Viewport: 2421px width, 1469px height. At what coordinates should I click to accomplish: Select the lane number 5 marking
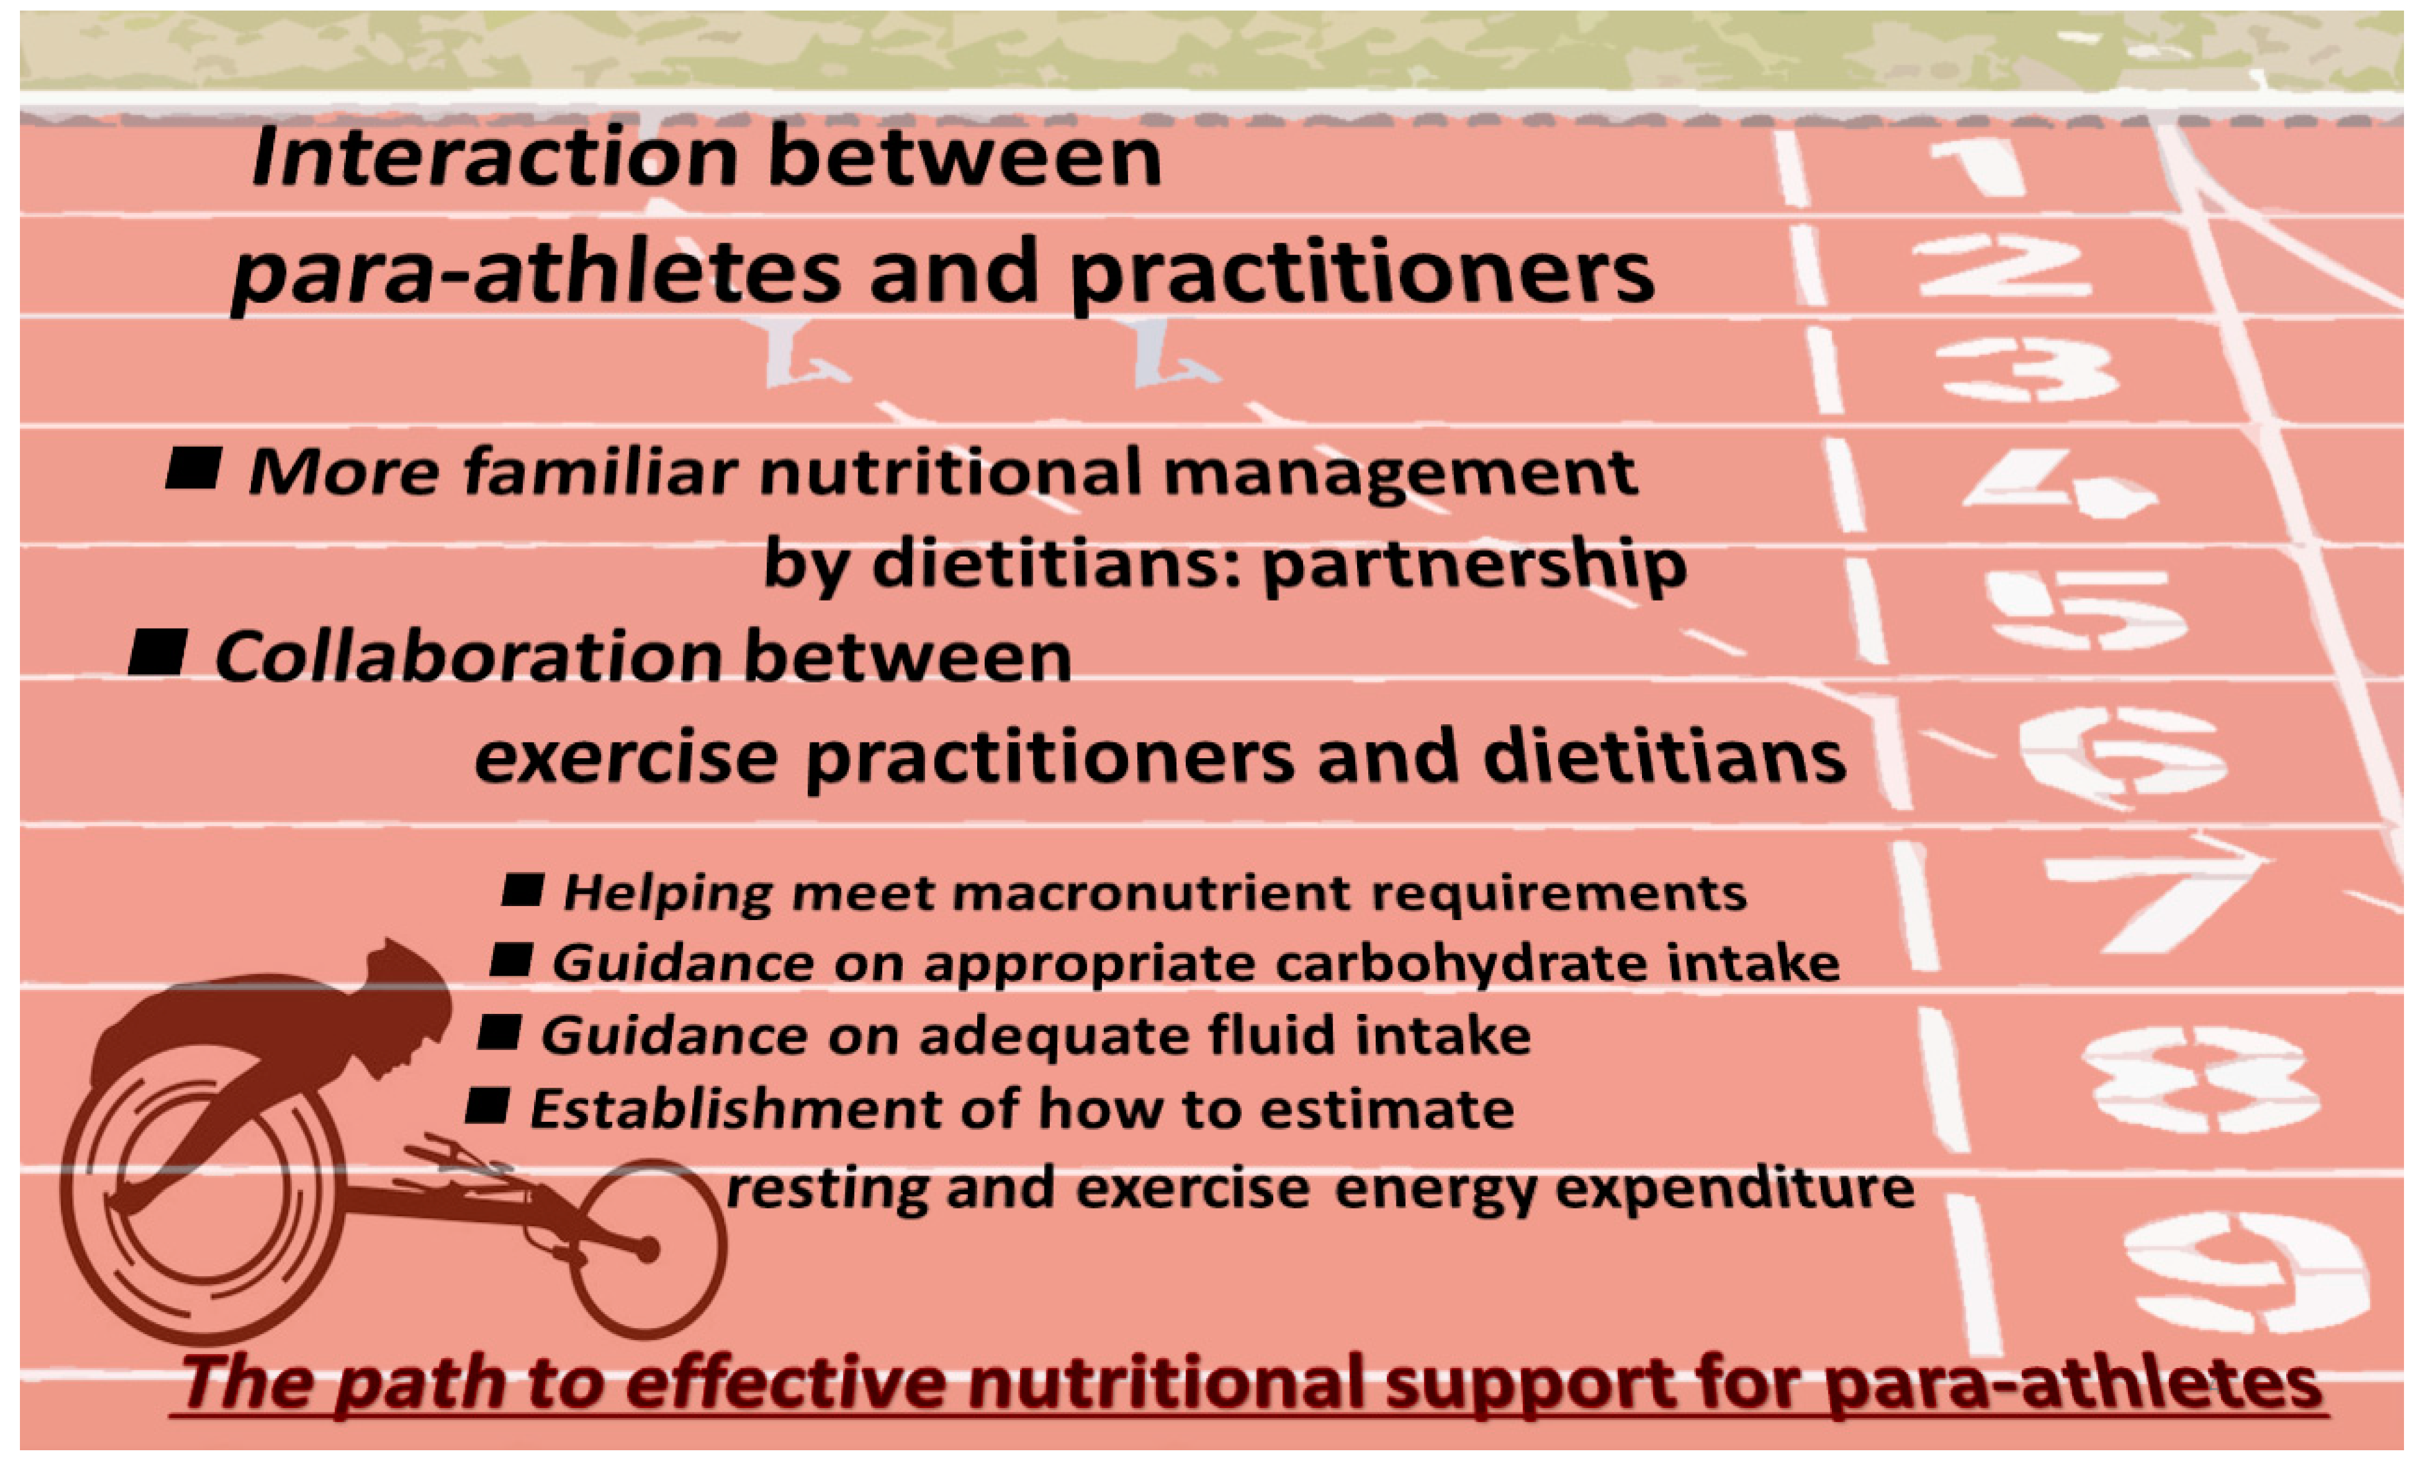[2083, 611]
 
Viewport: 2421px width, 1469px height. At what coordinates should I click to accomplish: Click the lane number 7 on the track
[2152, 899]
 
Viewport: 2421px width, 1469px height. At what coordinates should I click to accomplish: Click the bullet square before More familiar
[193, 468]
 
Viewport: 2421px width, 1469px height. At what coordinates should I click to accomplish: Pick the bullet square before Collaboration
[157, 653]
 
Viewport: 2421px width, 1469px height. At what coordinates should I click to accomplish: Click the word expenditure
[1734, 1188]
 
